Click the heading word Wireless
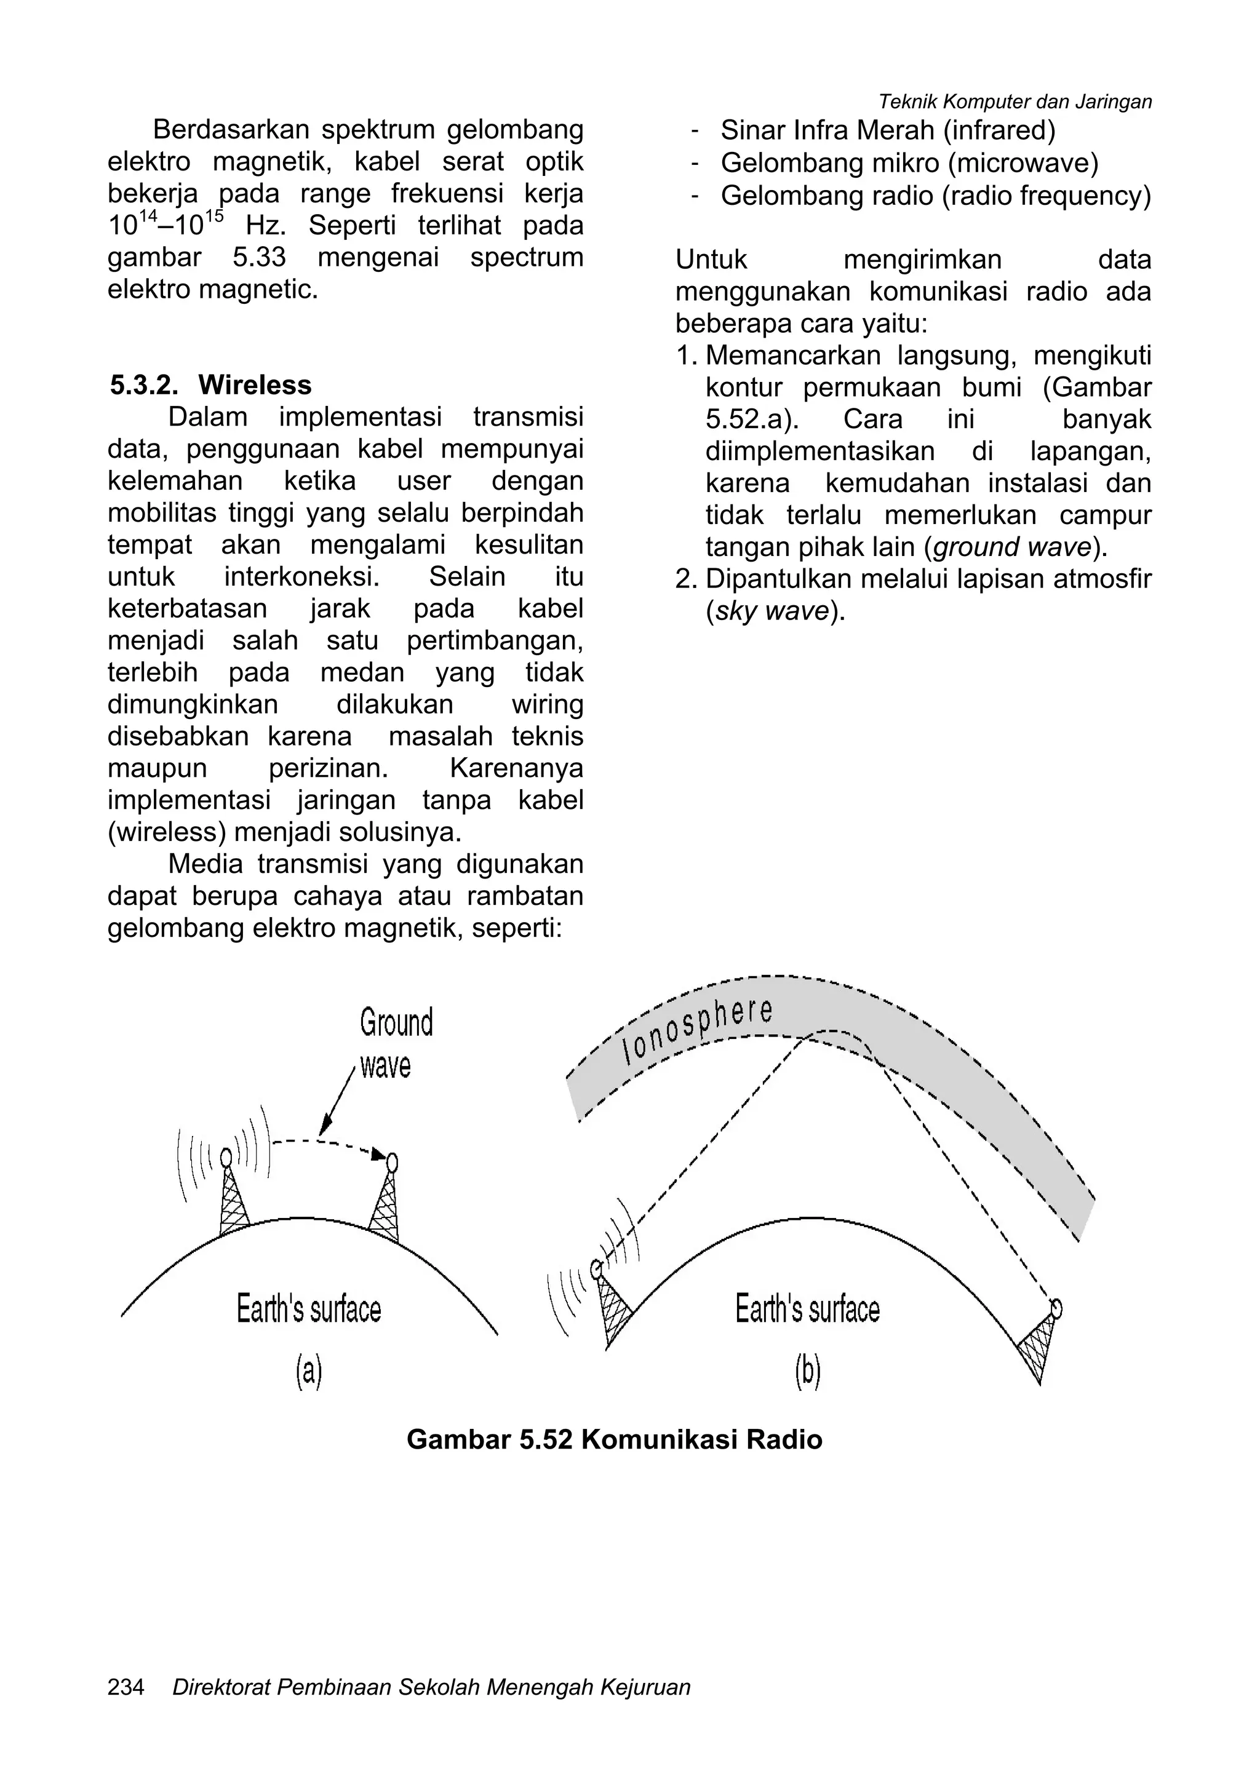254,385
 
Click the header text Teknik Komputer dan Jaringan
1015,101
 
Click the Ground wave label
396,1043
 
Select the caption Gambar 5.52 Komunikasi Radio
615,1439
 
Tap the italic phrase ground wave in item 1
1011,547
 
